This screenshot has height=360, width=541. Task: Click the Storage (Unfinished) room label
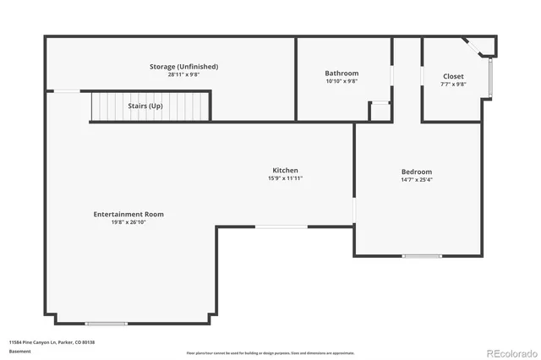coord(183,66)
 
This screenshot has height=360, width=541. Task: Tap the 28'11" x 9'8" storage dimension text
coord(183,74)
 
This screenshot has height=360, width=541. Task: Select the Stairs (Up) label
coord(145,106)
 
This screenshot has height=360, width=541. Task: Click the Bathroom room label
coord(342,74)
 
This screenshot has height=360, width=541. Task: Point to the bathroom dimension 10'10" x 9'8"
coord(342,82)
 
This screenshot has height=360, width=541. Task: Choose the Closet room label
coord(453,76)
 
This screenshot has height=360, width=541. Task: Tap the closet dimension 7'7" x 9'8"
coord(453,85)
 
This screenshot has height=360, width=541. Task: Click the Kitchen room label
coord(285,170)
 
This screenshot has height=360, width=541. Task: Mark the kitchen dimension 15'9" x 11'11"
coord(285,178)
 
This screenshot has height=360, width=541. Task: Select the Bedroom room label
coord(416,171)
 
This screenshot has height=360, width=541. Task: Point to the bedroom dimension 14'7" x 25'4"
coord(416,179)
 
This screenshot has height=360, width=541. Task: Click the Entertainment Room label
coord(128,214)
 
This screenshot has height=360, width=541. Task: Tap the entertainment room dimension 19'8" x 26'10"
coord(128,222)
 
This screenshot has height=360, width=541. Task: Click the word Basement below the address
coord(19,351)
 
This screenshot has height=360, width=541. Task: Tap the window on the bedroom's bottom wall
coord(421,255)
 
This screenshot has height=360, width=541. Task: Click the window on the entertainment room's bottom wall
coord(106,324)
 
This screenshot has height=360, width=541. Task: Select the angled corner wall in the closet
coord(473,47)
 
